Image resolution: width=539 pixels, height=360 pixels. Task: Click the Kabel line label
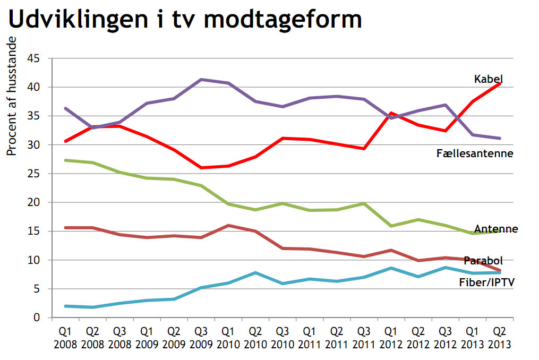click(x=488, y=79)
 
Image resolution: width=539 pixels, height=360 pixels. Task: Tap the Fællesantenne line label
click(x=475, y=153)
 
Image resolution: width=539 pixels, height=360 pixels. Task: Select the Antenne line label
click(x=496, y=229)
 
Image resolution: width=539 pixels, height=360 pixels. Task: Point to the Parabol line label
click(x=483, y=261)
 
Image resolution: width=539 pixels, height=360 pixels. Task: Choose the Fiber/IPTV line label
click(x=487, y=282)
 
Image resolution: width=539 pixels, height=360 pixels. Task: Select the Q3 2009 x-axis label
click(x=201, y=338)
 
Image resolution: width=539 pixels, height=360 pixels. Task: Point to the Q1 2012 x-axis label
click(x=391, y=338)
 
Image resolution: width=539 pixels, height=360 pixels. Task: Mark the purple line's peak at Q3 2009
click(x=201, y=80)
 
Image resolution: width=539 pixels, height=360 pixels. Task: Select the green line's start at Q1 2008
click(x=65, y=160)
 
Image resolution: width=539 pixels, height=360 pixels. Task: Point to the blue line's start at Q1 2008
click(x=65, y=306)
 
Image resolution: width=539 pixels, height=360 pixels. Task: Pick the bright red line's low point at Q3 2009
click(x=201, y=168)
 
